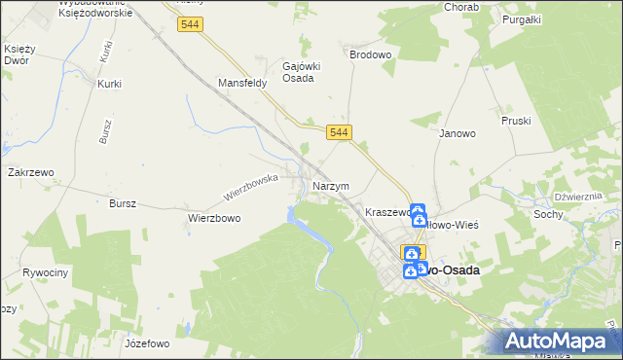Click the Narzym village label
pyautogui.click(x=330, y=187)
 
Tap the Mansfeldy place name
pyautogui.click(x=242, y=84)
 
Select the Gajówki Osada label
pyautogui.click(x=298, y=72)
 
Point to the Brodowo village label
pyautogui.click(x=370, y=55)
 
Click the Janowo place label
pyautogui.click(x=457, y=133)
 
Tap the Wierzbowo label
pyautogui.click(x=213, y=219)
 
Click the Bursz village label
pyautogui.click(x=123, y=204)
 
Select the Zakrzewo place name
pyautogui.click(x=30, y=172)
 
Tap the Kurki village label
pyautogui.click(x=109, y=84)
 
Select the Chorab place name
pyautogui.click(x=432, y=6)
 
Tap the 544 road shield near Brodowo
pyautogui.click(x=339, y=132)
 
